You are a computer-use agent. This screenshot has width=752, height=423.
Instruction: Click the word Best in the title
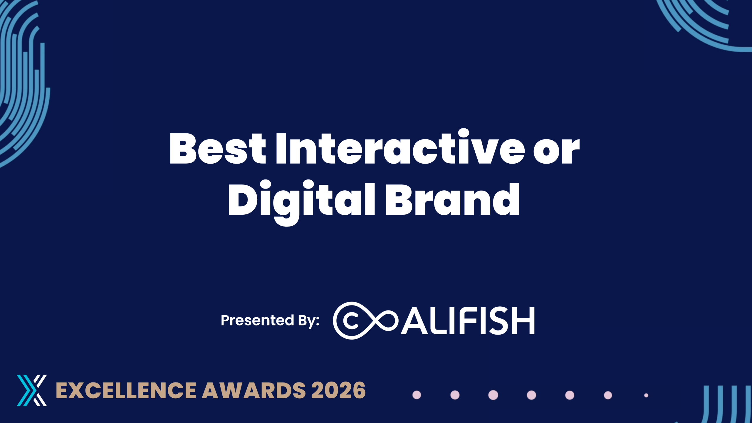coord(218,148)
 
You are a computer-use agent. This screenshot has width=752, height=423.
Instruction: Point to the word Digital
coord(302,203)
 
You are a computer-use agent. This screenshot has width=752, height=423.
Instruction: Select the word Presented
coord(257,320)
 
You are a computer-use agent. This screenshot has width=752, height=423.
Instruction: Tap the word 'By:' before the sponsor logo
coord(309,321)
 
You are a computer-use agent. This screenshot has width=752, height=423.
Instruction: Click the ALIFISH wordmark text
coord(468,320)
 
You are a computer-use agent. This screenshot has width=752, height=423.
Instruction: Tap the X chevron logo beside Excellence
coord(32,390)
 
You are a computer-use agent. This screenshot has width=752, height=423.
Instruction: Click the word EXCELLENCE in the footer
coord(126,391)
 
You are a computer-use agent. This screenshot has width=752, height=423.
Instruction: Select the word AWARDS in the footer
coord(254,391)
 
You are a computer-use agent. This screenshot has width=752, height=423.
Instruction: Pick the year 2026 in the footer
coord(338,391)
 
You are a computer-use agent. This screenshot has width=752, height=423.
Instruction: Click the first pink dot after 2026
coord(417,395)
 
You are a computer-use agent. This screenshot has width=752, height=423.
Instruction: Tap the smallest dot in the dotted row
coord(646,395)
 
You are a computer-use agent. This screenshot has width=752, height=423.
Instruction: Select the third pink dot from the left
coord(493,395)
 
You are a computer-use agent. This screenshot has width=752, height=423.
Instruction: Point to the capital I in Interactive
coord(281,148)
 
